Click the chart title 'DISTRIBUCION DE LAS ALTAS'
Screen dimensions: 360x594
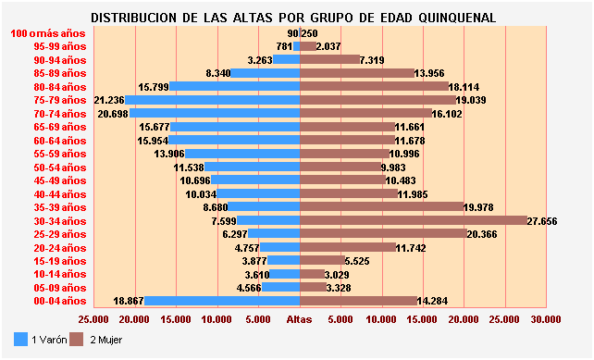pos(293,18)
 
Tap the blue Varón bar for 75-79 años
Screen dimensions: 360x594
pos(213,100)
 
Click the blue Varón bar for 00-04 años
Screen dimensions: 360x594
pos(222,301)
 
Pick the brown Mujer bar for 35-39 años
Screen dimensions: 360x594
pos(381,207)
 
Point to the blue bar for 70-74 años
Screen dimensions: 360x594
pos(215,113)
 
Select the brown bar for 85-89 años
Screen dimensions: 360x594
pos(357,73)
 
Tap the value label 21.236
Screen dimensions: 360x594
pos(109,100)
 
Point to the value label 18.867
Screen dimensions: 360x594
pos(128,301)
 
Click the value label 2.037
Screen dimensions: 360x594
pos(329,46)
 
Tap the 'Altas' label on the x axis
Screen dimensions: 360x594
pos(300,319)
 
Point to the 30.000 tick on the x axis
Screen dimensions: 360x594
pos(546,319)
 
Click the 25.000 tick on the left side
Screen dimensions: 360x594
pos(94,319)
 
